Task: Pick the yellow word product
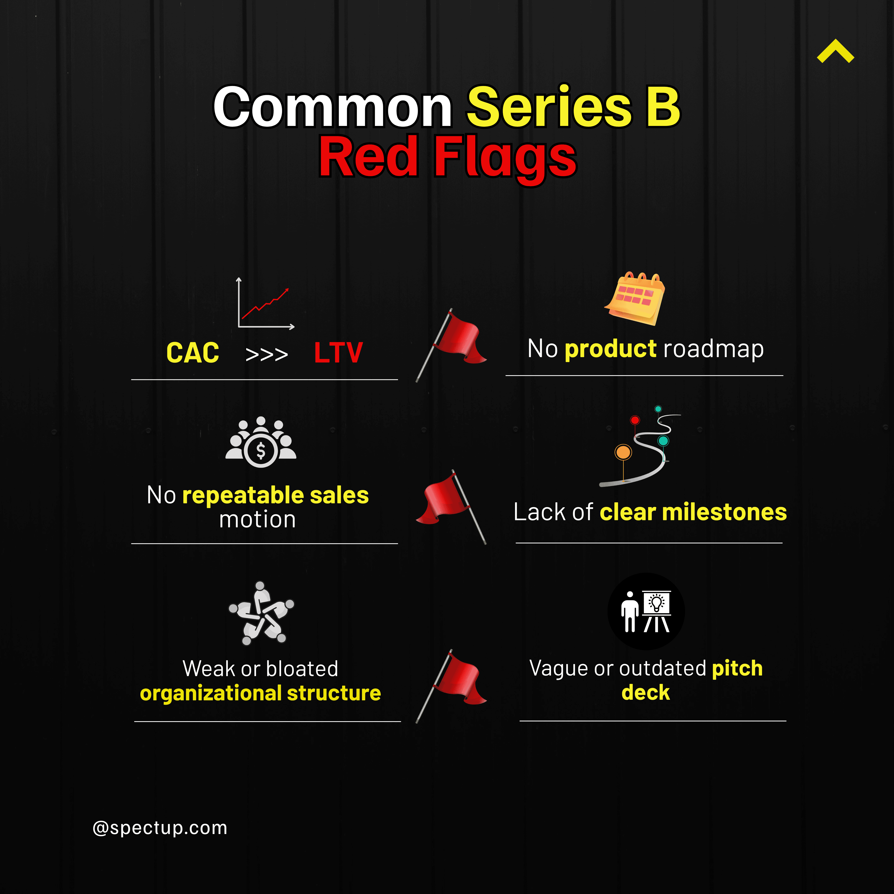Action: coord(610,348)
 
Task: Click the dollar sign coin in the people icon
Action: coord(261,450)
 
